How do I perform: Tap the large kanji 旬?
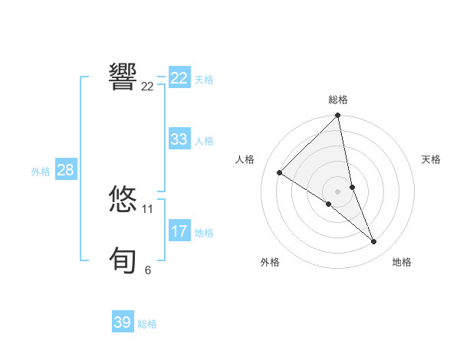pyautogui.click(x=123, y=260)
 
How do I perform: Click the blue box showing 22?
pyautogui.click(x=179, y=78)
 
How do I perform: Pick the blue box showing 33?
pyautogui.click(x=179, y=139)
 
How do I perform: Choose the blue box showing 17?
pyautogui.click(x=179, y=231)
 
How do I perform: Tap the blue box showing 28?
pyautogui.click(x=65, y=170)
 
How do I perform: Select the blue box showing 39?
pyautogui.click(x=123, y=322)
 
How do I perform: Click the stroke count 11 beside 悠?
pyautogui.click(x=148, y=208)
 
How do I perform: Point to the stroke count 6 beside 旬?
pyautogui.click(x=148, y=270)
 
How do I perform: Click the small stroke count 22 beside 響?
pyautogui.click(x=148, y=86)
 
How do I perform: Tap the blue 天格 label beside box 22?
pyautogui.click(x=204, y=80)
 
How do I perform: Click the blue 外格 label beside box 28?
pyautogui.click(x=41, y=172)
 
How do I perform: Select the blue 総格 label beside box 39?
pyautogui.click(x=147, y=324)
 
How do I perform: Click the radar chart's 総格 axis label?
pyautogui.click(x=338, y=100)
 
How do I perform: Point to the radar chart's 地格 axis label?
pyautogui.click(x=402, y=262)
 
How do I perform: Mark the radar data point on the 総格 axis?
pyautogui.click(x=338, y=116)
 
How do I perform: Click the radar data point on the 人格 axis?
pyautogui.click(x=280, y=172)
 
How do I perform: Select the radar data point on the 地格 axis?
pyautogui.click(x=374, y=242)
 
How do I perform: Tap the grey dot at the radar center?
pyautogui.click(x=337, y=191)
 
